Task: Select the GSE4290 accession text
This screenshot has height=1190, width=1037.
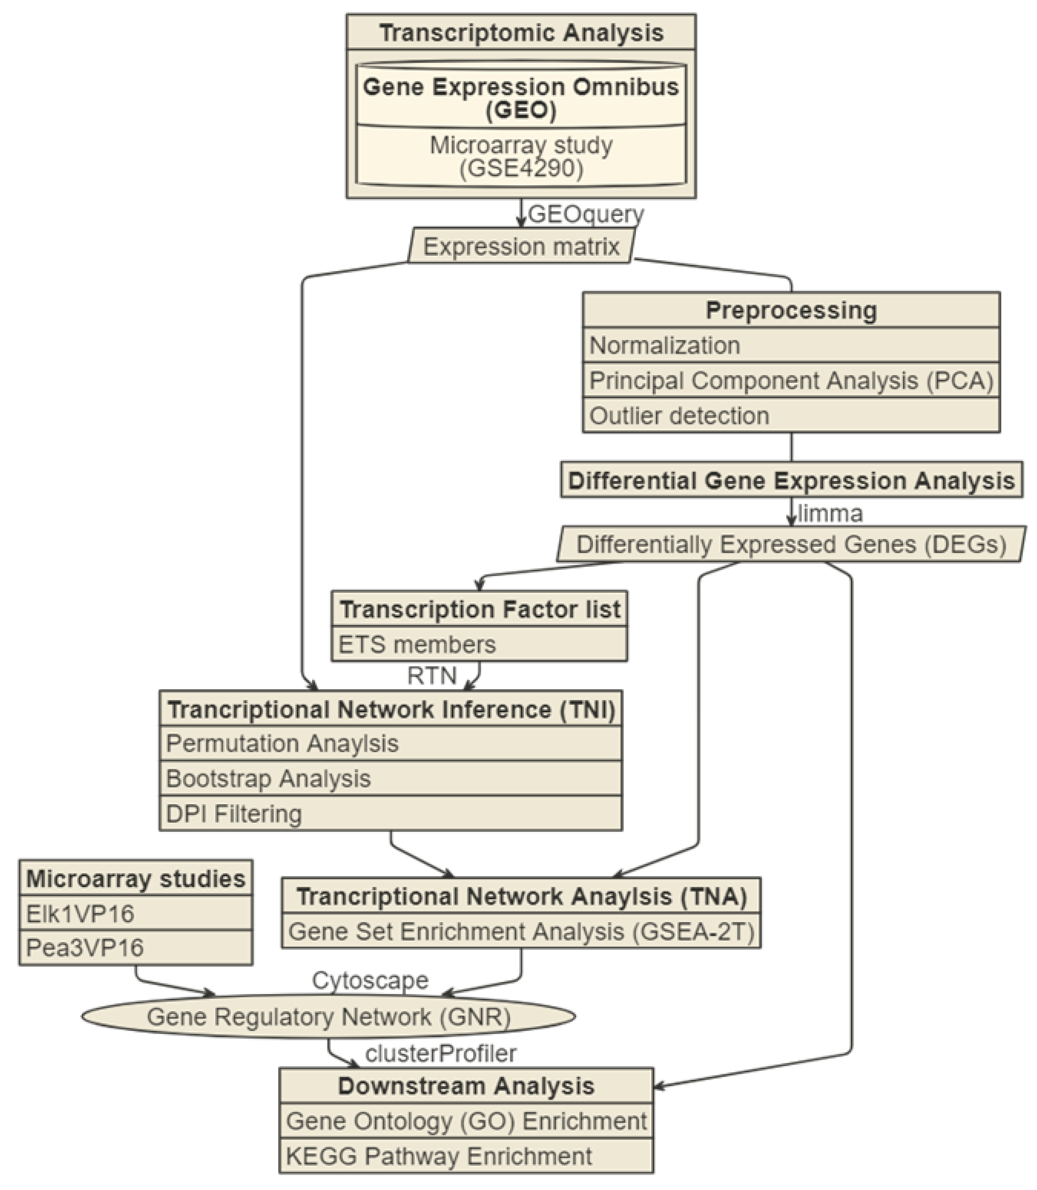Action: (x=521, y=168)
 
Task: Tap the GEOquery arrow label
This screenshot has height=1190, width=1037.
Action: (x=585, y=214)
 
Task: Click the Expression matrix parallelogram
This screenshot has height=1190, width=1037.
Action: (x=521, y=246)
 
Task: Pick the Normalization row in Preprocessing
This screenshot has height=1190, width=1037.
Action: (x=791, y=346)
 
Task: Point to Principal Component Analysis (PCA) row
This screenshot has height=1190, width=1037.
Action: (x=791, y=381)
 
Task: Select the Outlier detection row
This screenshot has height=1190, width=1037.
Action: (x=791, y=415)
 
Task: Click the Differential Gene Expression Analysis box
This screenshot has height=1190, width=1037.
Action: (x=791, y=481)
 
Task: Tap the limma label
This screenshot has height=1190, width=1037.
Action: (x=830, y=513)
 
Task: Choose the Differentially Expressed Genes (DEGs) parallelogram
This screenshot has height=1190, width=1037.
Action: (x=791, y=544)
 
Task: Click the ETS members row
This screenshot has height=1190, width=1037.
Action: (x=479, y=644)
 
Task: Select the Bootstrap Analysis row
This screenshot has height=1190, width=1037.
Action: (x=390, y=779)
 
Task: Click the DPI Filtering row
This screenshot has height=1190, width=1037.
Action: (x=390, y=814)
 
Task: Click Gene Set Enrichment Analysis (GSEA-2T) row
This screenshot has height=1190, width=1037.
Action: (x=521, y=931)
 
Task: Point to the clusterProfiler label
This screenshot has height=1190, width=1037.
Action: (x=440, y=1053)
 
